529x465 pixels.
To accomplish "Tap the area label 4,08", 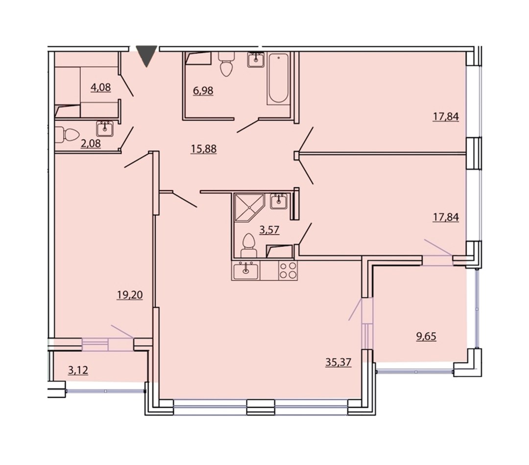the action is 100,87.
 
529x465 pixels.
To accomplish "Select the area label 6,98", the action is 203,91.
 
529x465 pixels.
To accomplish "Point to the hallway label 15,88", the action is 203,149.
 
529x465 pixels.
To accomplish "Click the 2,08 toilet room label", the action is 91,144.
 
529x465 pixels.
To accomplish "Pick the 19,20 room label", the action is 130,295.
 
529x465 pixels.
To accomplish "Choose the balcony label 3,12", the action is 78,370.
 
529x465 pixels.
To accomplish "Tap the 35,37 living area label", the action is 338,362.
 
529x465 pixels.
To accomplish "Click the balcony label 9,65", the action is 426,336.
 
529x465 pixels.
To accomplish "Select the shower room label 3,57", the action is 269,230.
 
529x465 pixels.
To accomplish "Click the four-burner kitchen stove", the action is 288,270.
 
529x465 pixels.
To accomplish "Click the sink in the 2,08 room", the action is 105,129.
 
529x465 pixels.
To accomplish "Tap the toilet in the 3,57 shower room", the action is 249,245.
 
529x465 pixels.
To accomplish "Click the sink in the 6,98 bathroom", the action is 256,60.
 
